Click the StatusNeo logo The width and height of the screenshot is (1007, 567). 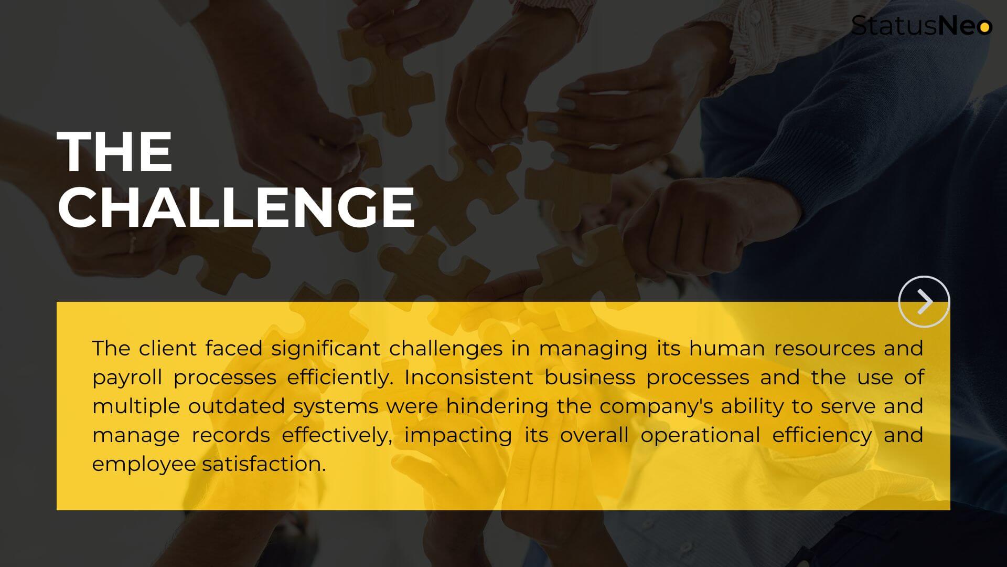pos(922,26)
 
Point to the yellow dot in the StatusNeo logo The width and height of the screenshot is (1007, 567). pos(985,27)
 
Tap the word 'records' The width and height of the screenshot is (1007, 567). pos(231,435)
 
